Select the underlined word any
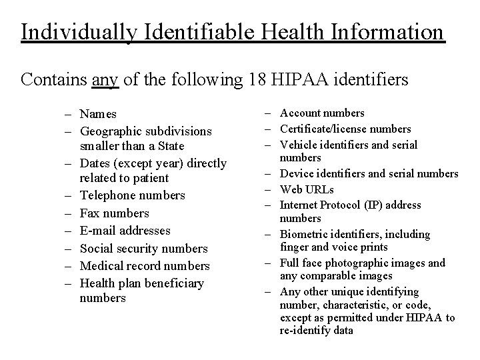(x=105, y=80)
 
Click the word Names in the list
(x=98, y=115)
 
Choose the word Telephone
(x=107, y=196)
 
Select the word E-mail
(x=98, y=231)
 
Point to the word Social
(x=96, y=248)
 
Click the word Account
(x=299, y=113)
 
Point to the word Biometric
(x=303, y=234)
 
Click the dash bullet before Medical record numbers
(x=69, y=266)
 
